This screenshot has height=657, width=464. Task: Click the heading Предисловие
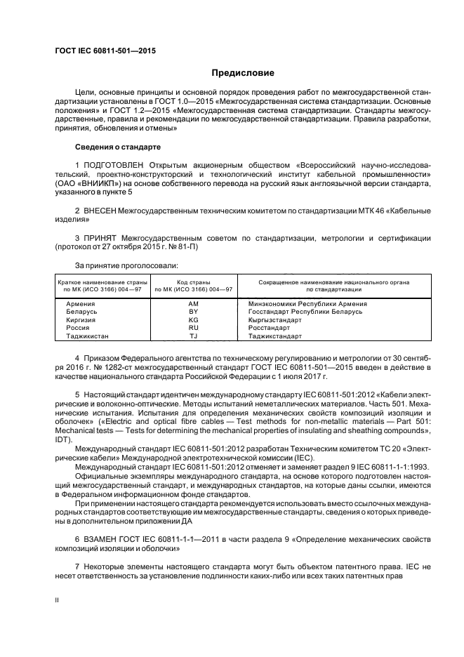pyautogui.click(x=244, y=72)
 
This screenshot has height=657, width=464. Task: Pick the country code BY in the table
pyautogui.click(x=194, y=311)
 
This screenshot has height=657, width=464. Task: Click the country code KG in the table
pyautogui.click(x=194, y=319)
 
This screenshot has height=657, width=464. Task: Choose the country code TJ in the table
pyautogui.click(x=194, y=336)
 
